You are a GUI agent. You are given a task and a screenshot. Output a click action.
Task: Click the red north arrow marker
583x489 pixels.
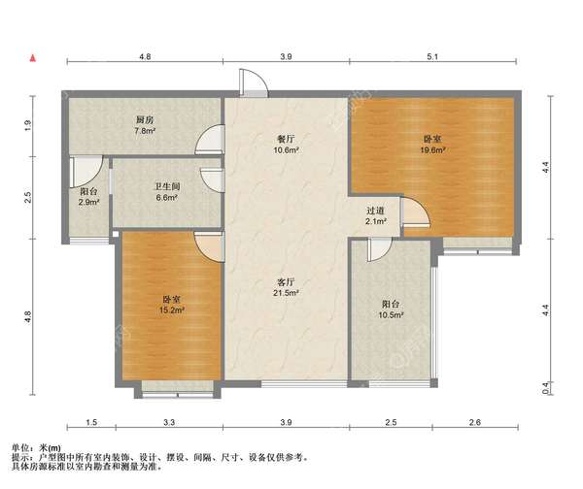coord(33,58)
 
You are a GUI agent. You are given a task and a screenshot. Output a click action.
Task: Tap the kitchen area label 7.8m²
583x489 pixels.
coord(145,131)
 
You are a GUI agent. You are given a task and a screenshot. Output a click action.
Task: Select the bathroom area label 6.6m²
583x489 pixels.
coord(166,198)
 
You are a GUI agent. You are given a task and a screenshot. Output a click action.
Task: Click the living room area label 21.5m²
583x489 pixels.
coord(286,293)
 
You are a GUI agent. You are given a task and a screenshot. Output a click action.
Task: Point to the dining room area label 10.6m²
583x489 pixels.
coord(286,150)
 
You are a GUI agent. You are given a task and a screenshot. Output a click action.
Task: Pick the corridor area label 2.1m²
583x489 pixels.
coord(375,221)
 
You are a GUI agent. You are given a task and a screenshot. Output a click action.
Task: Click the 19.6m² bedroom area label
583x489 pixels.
coord(432,150)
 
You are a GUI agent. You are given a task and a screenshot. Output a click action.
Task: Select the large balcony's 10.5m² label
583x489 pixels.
coord(392,315)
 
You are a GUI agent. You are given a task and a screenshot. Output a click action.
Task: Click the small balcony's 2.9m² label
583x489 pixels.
coord(88,203)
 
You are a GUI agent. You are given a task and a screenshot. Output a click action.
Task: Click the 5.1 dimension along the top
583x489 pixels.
coord(432,57)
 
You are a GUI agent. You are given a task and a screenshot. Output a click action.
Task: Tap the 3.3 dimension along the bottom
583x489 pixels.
coord(169,422)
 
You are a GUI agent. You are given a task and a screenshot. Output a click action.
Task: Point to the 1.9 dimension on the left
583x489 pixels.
coord(28,126)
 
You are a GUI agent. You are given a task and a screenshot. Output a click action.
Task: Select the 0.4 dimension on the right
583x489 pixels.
coord(545,388)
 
